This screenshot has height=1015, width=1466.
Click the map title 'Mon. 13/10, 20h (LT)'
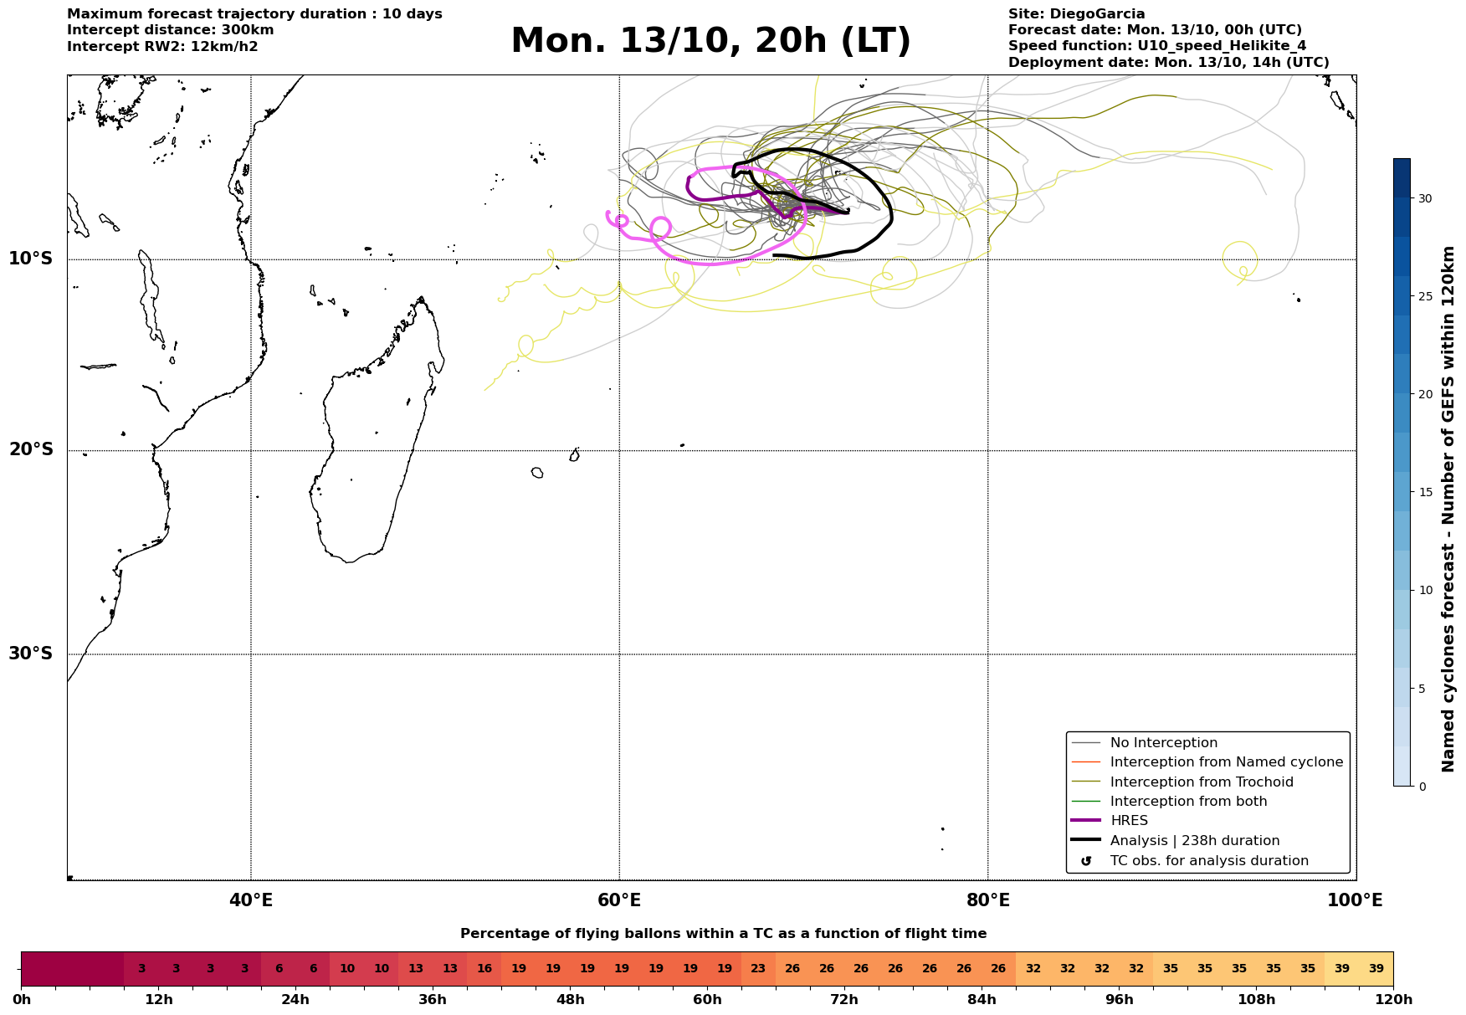click(710, 41)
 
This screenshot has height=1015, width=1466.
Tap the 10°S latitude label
click(31, 259)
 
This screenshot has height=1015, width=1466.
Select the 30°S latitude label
click(31, 654)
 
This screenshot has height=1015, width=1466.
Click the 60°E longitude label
click(619, 901)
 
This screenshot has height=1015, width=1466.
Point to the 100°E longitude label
click(1355, 901)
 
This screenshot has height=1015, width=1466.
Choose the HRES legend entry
click(1129, 821)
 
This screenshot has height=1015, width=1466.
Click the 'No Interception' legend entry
click(1163, 743)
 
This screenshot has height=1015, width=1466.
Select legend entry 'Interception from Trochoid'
click(1201, 782)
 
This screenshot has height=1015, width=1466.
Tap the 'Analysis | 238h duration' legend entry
click(1194, 841)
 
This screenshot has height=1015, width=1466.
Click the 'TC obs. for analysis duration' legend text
click(1208, 861)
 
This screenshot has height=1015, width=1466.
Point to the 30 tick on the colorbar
click(1424, 198)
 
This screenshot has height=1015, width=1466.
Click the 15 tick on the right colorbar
click(1424, 492)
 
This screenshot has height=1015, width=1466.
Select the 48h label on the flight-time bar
click(570, 1000)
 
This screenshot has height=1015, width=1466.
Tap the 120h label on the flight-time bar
click(1392, 1000)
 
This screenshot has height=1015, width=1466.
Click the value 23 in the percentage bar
click(758, 969)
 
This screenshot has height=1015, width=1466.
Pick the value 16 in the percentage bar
click(484, 969)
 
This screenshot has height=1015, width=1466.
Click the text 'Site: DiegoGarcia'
click(1076, 14)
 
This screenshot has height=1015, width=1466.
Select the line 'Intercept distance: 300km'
click(170, 30)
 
